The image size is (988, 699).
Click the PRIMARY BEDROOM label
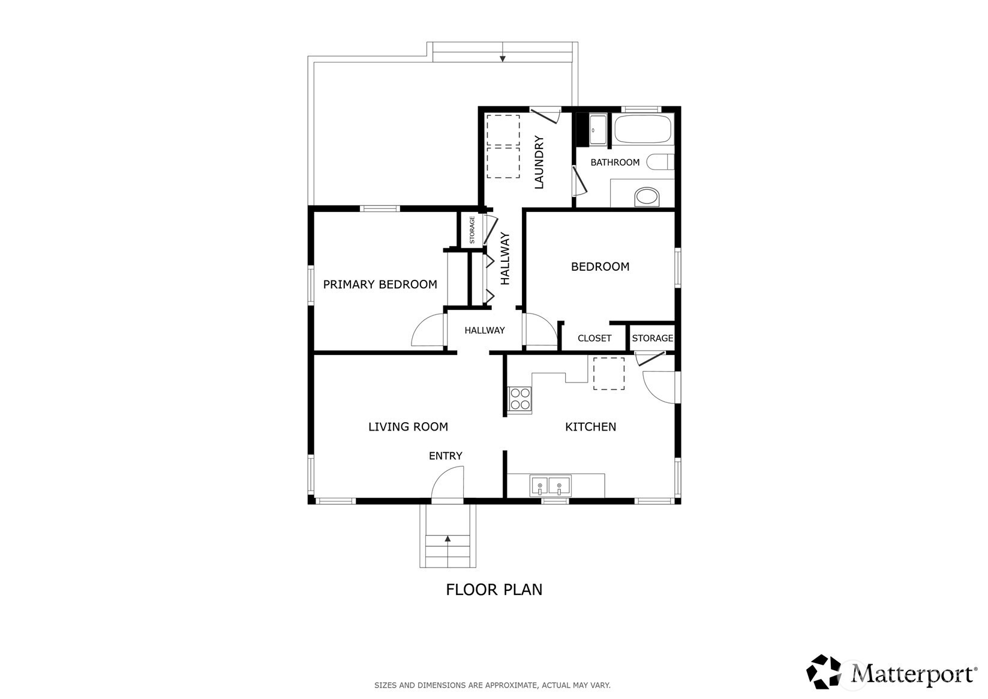coord(380,285)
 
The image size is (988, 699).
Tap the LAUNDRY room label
coord(539,163)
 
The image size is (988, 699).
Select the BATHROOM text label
coord(615,163)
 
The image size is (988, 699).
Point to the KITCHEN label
coord(591,426)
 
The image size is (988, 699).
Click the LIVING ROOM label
coord(408,426)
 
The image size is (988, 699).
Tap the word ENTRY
coord(446,456)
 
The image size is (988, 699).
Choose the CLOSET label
coord(594,338)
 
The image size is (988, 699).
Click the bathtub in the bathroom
coord(643,129)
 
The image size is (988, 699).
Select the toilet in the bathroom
coord(660,162)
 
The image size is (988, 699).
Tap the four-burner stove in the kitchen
coord(519,399)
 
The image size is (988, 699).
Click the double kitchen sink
coord(551,486)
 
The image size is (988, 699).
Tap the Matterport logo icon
coord(824,671)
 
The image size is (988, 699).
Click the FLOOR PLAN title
coord(494,590)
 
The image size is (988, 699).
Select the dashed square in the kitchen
coord(609,374)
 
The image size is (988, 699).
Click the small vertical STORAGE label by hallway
coord(472,229)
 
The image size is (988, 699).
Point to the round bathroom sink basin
coord(647,196)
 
